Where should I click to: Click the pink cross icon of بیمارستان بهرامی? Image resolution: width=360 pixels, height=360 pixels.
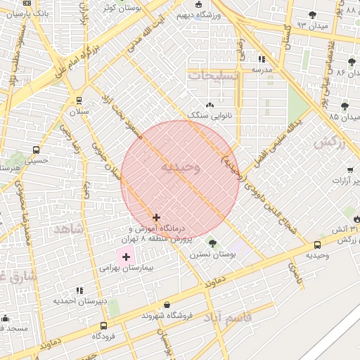click(x=126, y=257)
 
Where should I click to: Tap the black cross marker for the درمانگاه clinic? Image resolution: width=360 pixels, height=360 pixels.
click(x=156, y=218)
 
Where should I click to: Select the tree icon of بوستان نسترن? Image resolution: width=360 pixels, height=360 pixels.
click(x=212, y=243)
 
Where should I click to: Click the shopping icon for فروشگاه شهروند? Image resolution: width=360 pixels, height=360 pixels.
click(x=167, y=305)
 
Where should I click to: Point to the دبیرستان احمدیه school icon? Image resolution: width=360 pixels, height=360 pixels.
click(x=79, y=290)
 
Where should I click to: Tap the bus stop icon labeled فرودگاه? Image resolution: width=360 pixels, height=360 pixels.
click(x=104, y=326)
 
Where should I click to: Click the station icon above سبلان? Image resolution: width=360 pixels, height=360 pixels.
click(x=78, y=101)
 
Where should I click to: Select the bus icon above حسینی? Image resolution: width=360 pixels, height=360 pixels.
click(x=37, y=150)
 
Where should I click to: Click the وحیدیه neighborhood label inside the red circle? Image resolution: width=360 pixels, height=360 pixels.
click(x=181, y=167)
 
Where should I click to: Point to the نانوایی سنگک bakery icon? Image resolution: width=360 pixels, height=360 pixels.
click(x=210, y=104)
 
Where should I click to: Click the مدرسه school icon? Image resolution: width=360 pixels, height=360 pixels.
click(x=262, y=60)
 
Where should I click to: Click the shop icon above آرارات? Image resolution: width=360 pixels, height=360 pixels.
click(x=349, y=170)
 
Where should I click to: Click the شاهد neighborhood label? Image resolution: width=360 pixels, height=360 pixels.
click(x=68, y=229)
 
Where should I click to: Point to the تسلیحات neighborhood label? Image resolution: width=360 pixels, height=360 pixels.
click(x=214, y=74)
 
